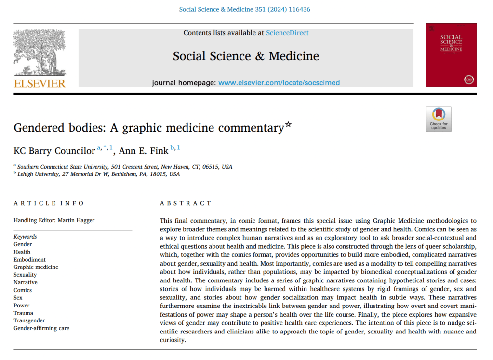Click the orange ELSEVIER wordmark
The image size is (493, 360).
40,83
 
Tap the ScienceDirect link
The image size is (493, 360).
287,33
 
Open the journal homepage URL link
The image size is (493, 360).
279,82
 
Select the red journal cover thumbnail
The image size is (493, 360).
451,55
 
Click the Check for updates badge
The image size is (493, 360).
439,119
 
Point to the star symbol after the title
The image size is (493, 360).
288,125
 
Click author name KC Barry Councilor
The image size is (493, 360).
54,151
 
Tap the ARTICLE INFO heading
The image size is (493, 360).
49,203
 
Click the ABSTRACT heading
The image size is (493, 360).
186,203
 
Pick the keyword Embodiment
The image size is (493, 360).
30,259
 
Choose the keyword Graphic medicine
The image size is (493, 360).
36,267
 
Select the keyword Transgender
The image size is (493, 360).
29,320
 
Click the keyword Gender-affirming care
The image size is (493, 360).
41,328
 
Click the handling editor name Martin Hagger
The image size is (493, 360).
75,221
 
